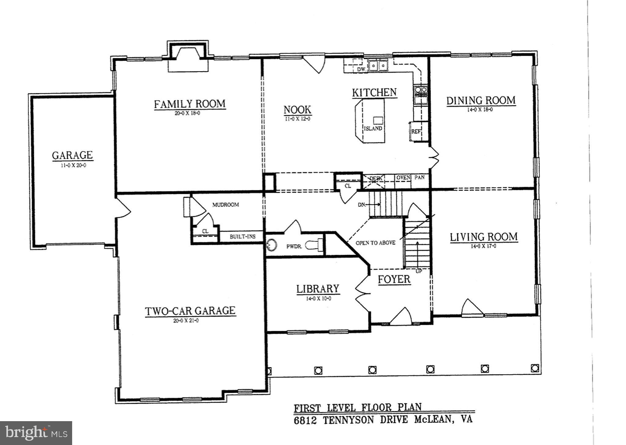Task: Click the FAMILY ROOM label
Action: pyautogui.click(x=190, y=104)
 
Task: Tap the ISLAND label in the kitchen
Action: pyautogui.click(x=373, y=128)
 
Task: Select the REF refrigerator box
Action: pyautogui.click(x=416, y=132)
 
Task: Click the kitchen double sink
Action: pyautogui.click(x=378, y=65)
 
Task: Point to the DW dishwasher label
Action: pyautogui.click(x=362, y=70)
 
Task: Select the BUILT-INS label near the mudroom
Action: pyautogui.click(x=242, y=236)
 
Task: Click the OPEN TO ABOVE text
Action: pyautogui.click(x=375, y=243)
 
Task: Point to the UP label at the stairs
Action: pyautogui.click(x=418, y=271)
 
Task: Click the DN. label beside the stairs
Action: pyautogui.click(x=362, y=205)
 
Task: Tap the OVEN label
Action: pyautogui.click(x=403, y=177)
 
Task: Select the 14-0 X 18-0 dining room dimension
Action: pyautogui.click(x=480, y=109)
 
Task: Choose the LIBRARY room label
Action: pyautogui.click(x=318, y=289)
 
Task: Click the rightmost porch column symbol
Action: pyautogui.click(x=535, y=368)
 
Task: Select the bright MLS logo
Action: pyautogui.click(x=36, y=433)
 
